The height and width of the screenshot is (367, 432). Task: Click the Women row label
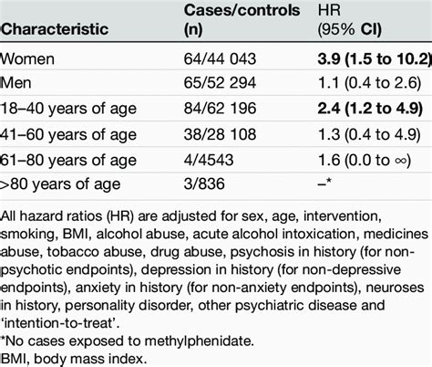(x=29, y=60)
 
